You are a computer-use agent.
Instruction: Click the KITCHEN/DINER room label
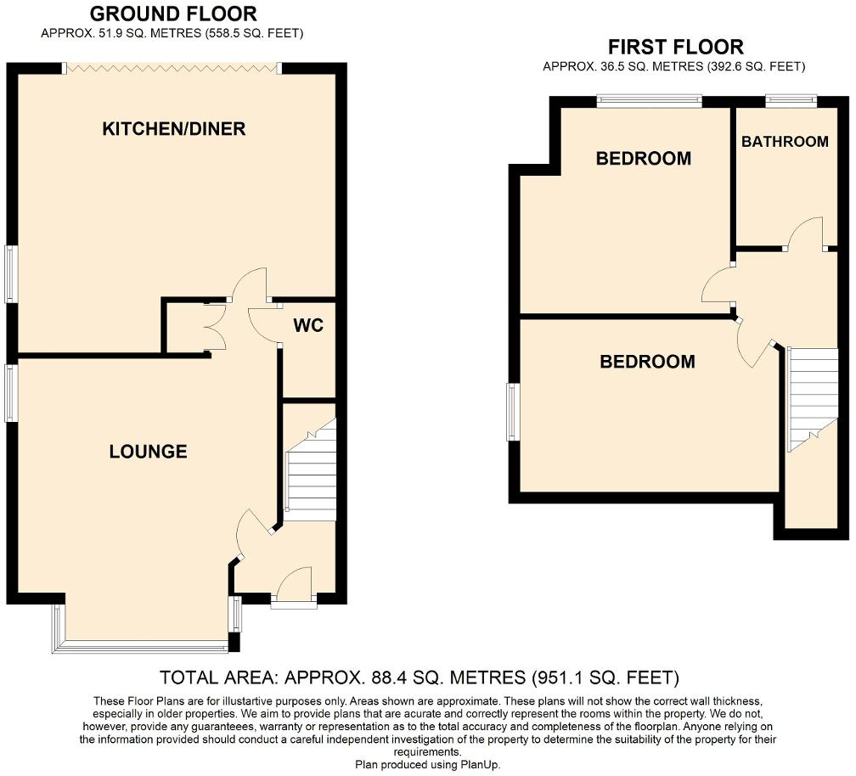173,129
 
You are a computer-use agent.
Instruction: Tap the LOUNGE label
148,452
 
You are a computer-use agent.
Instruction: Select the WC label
308,325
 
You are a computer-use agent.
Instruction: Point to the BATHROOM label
785,141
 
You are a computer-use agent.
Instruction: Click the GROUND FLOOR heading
173,13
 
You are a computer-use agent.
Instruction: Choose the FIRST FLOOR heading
676,47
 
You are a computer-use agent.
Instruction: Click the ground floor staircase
310,470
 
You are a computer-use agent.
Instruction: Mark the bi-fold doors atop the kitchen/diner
172,68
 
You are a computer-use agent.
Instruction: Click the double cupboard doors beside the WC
215,326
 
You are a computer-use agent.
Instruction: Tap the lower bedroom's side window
511,412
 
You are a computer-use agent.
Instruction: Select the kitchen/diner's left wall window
10,273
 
